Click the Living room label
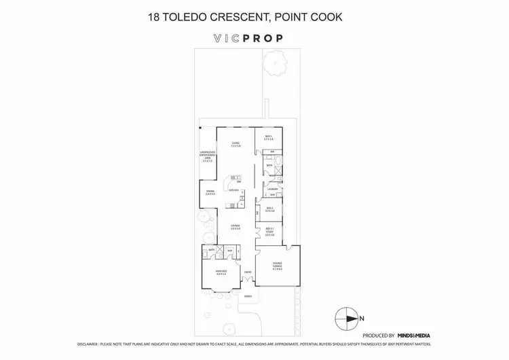coord(235,144)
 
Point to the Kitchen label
coord(233,192)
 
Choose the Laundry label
coord(273,189)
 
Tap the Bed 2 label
coord(269,209)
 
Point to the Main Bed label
coord(219,273)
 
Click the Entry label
coord(248,272)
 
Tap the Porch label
coord(248,296)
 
